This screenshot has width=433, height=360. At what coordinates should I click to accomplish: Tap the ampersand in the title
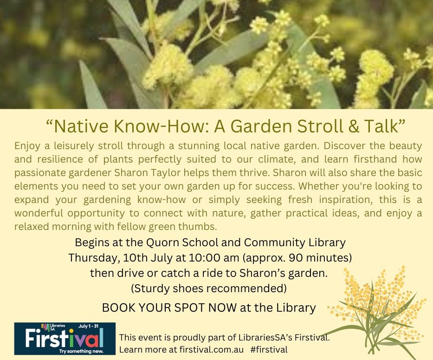(x=354, y=126)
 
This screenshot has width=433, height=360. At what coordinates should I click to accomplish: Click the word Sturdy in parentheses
(x=150, y=288)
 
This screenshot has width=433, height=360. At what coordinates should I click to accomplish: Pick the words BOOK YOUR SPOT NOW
(x=169, y=308)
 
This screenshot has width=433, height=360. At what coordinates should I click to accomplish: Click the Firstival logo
(x=65, y=339)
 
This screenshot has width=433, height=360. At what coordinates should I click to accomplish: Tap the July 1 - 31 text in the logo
(x=88, y=326)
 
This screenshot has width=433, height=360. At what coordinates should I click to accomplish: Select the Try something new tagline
(x=81, y=351)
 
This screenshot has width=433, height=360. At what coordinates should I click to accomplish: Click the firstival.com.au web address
(x=212, y=349)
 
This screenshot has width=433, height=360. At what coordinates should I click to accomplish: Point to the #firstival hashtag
(x=269, y=349)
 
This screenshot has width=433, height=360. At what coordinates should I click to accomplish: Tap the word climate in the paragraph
(x=277, y=159)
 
